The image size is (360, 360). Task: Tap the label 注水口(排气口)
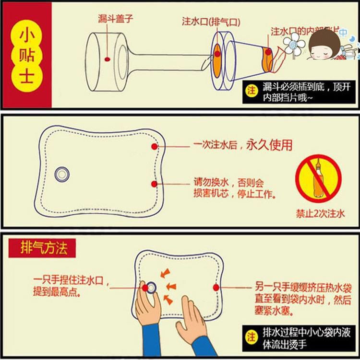tap(211, 23)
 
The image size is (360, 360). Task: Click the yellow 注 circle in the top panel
tap(252, 91)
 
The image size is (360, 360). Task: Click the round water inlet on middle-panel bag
tap(62, 174)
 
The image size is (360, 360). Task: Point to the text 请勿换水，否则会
tap(229, 183)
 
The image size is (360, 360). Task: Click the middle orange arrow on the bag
tap(170, 287)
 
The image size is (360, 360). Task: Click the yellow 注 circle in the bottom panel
tap(251, 337)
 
